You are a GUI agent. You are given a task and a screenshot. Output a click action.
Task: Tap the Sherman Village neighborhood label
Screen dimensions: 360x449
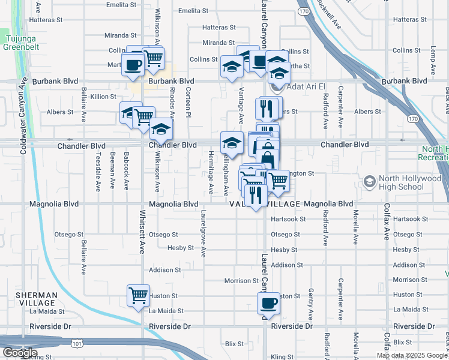[x=37, y=299]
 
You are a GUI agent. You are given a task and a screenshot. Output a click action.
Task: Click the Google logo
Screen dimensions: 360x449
[x=20, y=353]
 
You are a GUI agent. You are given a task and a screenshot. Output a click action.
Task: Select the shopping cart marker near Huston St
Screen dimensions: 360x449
[x=138, y=295]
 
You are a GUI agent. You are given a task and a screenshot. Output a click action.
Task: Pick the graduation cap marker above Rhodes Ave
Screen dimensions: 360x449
[x=161, y=128]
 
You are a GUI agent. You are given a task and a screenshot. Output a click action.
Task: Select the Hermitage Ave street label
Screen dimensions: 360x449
[x=211, y=172]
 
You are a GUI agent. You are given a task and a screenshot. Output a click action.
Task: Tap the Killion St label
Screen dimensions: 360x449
[x=104, y=97]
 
